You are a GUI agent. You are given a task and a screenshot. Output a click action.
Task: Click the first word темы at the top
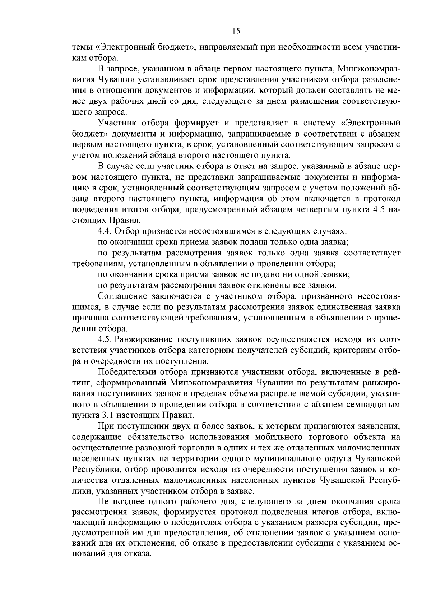click(x=82, y=47)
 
